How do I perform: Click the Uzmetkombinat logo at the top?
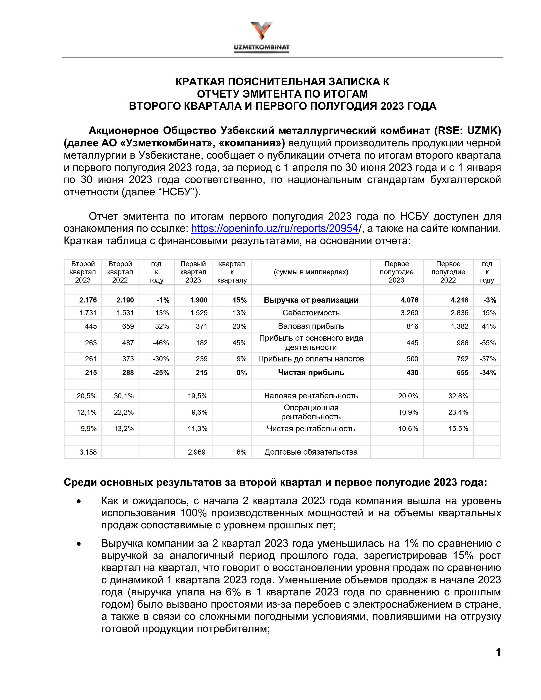[x=262, y=37]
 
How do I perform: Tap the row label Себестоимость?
[x=311, y=313]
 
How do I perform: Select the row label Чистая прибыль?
[x=311, y=372]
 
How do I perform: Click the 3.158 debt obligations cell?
[x=88, y=452]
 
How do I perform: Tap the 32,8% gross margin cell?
[x=458, y=396]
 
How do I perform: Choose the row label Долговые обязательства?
[x=311, y=452]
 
